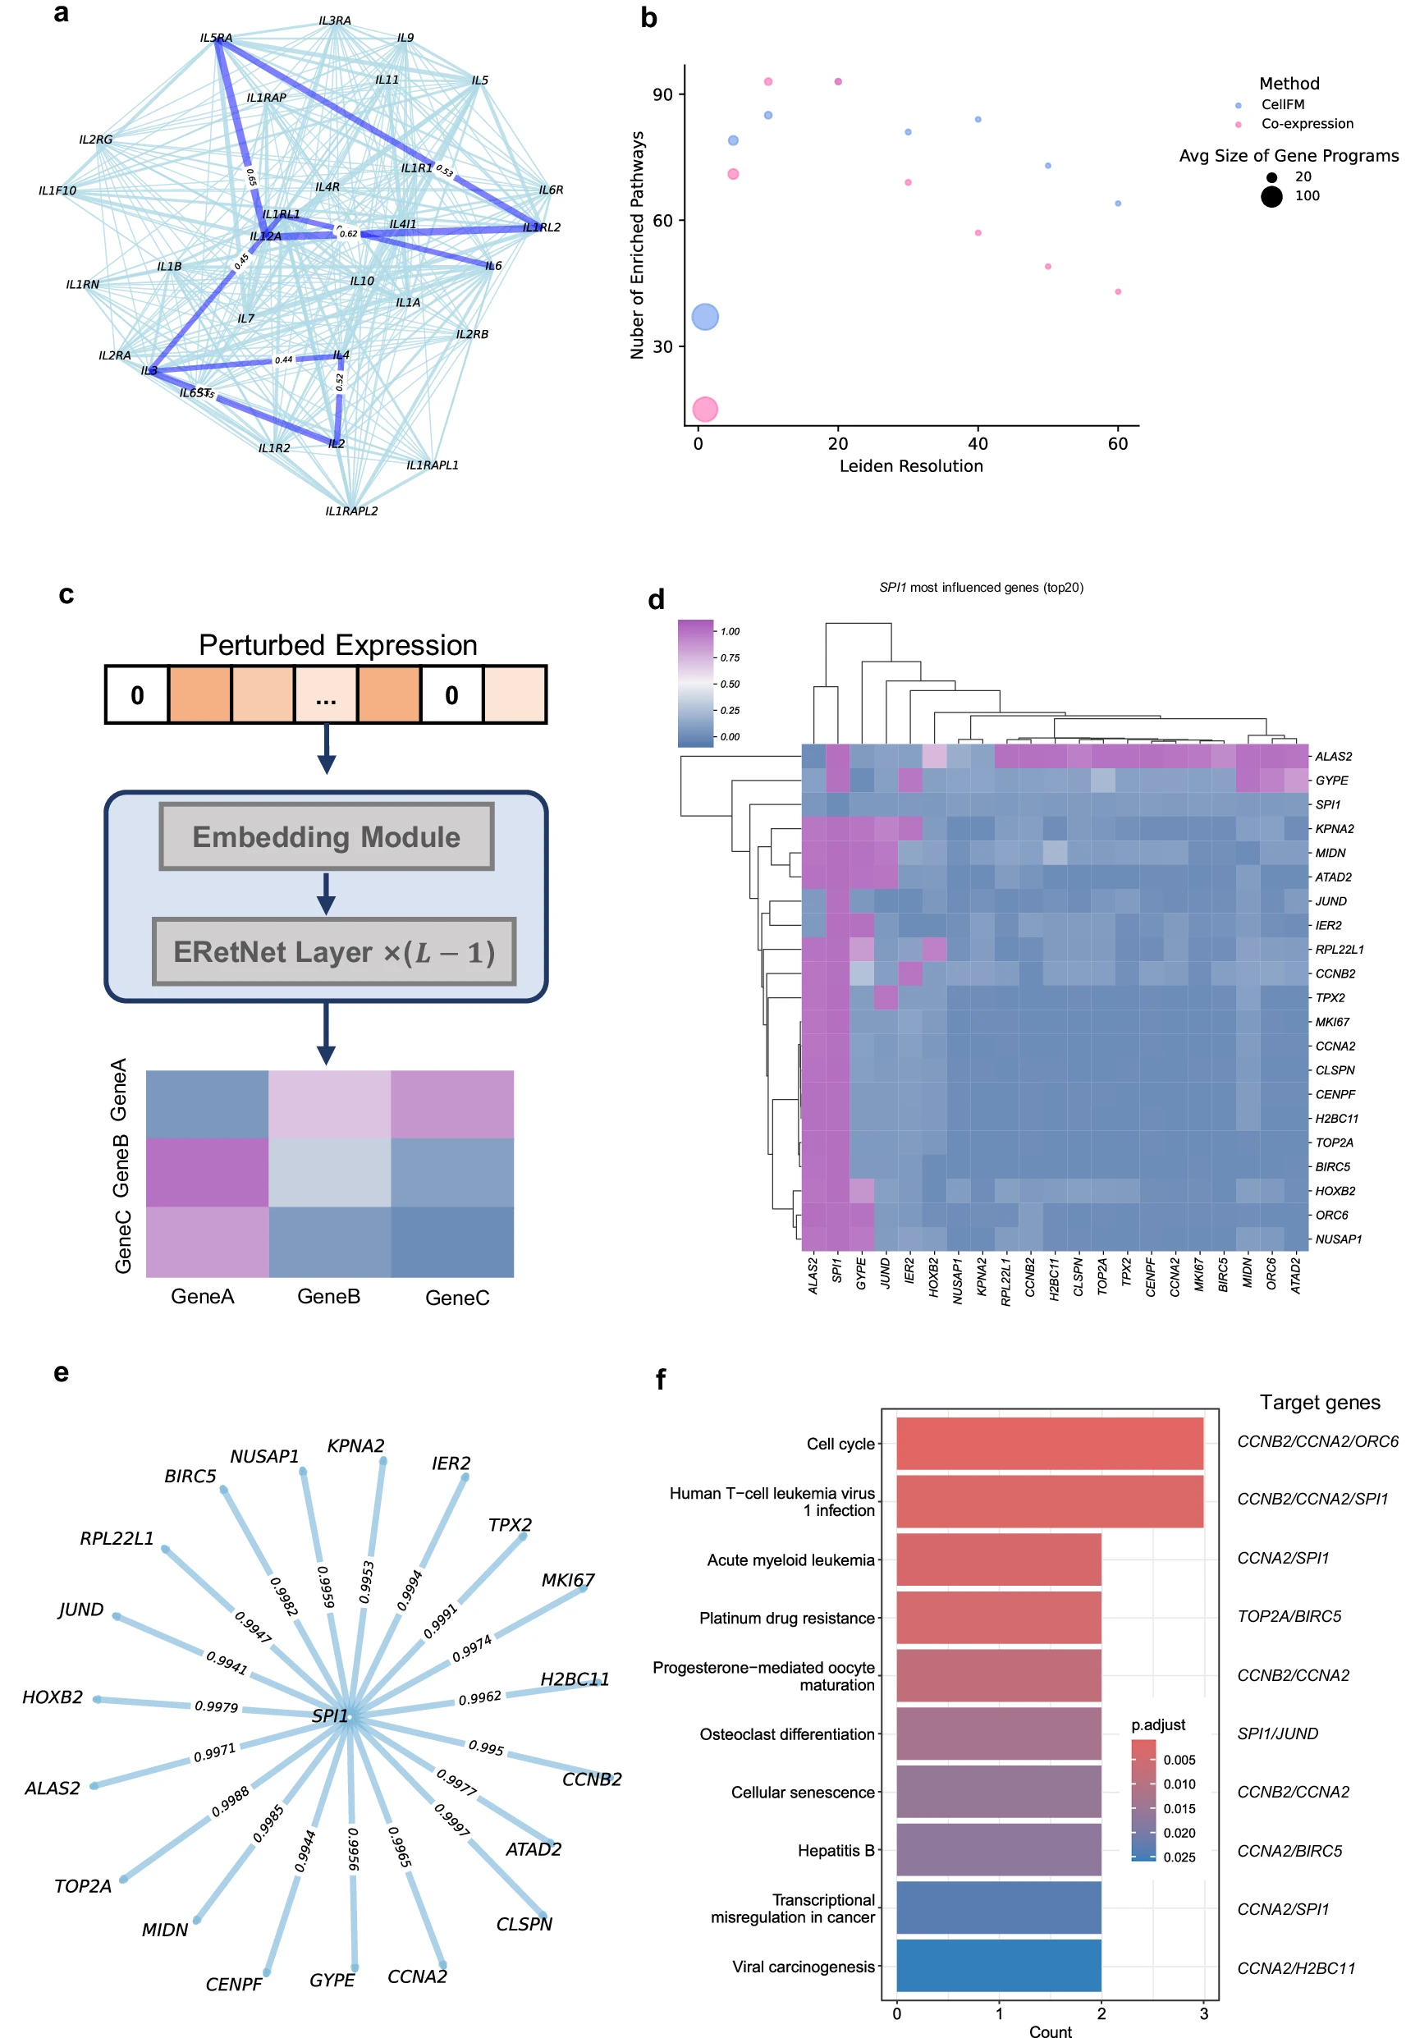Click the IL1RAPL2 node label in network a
(351, 511)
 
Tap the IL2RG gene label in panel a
(95, 140)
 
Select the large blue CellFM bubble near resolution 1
(705, 316)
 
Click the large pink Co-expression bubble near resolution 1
(705, 409)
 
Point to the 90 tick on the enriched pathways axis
(662, 94)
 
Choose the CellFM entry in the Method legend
(1282, 105)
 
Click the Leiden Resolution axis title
(911, 466)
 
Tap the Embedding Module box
(326, 836)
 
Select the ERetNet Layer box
(334, 952)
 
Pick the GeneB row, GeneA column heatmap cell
(207, 1171)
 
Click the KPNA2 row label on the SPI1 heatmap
(1334, 829)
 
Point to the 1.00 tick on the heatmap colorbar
(730, 631)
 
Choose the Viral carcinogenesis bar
(998, 1965)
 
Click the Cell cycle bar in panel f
(1049, 1444)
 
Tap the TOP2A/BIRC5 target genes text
(1289, 1616)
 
